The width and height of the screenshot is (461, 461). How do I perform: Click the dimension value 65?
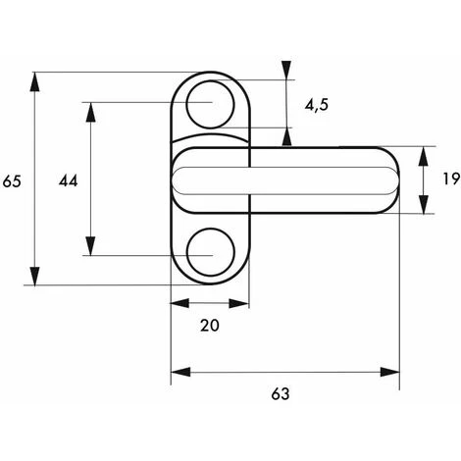click(12, 181)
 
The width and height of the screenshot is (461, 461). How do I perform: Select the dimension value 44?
click(69, 180)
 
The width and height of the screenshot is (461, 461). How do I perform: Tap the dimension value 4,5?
click(317, 105)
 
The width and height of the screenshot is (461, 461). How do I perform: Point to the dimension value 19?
click(451, 179)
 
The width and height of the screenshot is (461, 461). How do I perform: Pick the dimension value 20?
click(210, 326)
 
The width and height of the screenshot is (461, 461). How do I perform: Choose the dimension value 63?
click(281, 394)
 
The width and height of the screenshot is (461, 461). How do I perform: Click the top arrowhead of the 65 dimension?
click(34, 81)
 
